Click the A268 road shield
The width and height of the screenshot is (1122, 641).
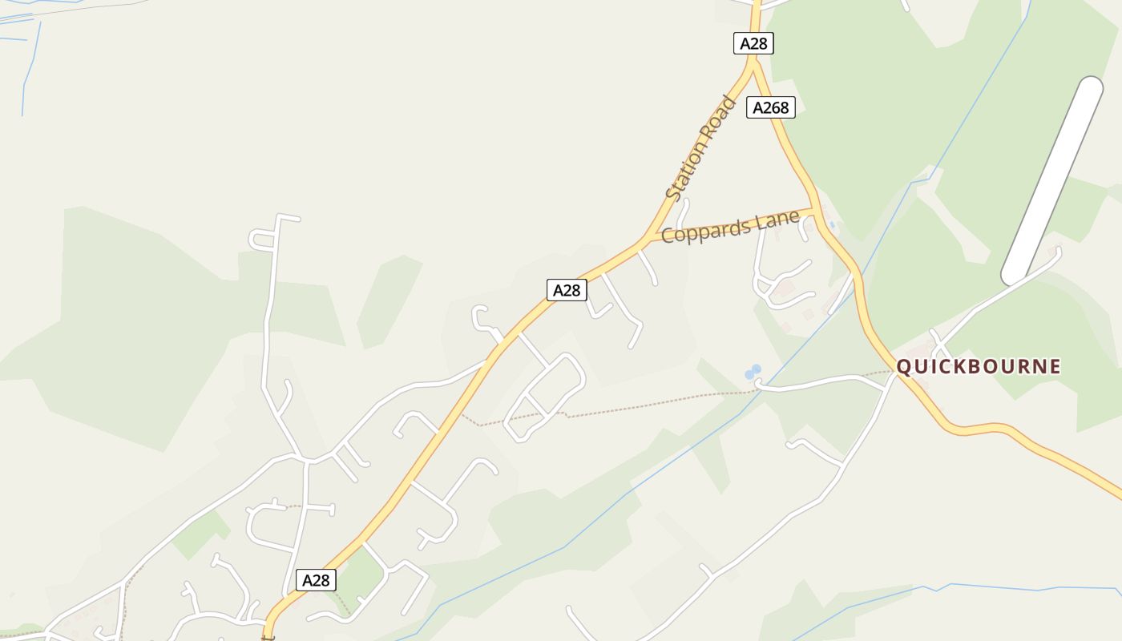[770, 107]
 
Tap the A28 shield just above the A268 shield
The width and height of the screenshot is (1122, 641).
[753, 43]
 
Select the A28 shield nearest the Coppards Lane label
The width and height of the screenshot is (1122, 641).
[567, 290]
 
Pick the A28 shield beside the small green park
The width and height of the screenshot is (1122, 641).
[316, 580]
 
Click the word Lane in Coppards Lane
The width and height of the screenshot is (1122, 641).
[777, 219]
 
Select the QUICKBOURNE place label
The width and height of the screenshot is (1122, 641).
[978, 367]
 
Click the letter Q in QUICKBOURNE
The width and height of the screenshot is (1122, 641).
[904, 367]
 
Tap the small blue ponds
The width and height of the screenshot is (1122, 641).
[753, 372]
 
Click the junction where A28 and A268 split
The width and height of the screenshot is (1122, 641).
[754, 69]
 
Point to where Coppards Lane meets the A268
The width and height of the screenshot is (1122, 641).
[814, 211]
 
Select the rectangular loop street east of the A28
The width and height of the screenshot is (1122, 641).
[545, 397]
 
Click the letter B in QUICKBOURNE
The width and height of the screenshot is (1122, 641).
[976, 367]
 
